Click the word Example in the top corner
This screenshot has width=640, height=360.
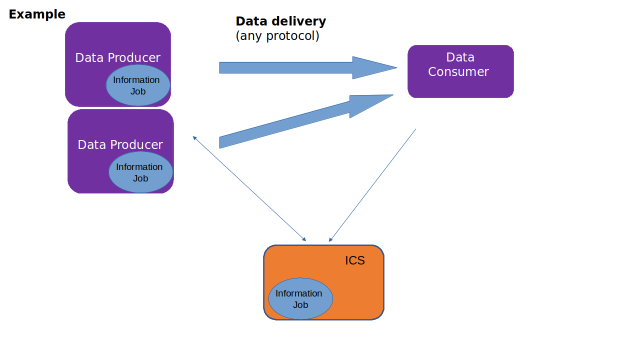click(x=37, y=14)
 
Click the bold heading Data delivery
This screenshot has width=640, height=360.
click(x=280, y=21)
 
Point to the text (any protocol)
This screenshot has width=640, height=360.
click(x=277, y=36)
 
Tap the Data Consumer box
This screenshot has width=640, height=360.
click(x=460, y=71)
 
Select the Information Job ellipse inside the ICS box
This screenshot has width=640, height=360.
click(x=300, y=299)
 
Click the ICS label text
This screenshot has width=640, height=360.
click(x=355, y=260)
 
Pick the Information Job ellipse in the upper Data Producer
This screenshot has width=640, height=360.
click(x=138, y=85)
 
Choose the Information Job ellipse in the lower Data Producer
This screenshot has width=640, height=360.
click(x=140, y=172)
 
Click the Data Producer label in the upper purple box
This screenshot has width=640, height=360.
click(x=117, y=57)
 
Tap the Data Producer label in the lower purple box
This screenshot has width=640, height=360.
click(x=120, y=145)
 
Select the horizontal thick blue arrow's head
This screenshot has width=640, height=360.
click(x=372, y=67)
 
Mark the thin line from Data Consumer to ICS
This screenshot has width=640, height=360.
click(x=372, y=185)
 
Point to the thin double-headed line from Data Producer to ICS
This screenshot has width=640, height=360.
click(x=249, y=188)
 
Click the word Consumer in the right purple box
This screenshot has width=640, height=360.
click(x=458, y=72)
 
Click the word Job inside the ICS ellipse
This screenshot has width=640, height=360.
click(x=300, y=305)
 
